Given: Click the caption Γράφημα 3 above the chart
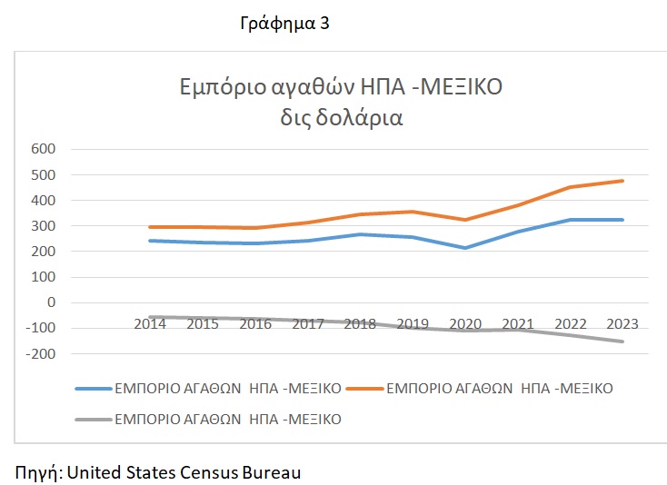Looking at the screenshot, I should [284, 25].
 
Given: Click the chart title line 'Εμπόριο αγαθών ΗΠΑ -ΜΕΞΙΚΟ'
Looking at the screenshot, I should [340, 89].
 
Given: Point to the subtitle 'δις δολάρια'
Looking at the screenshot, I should [341, 118].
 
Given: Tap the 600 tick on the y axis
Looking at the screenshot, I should [44, 150].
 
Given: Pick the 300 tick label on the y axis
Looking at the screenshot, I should [44, 226].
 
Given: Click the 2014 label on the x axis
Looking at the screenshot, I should [150, 323].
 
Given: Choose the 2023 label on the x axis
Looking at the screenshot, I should [623, 323].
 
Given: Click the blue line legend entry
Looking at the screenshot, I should [208, 389].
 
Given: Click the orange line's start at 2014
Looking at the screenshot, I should [150, 227].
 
